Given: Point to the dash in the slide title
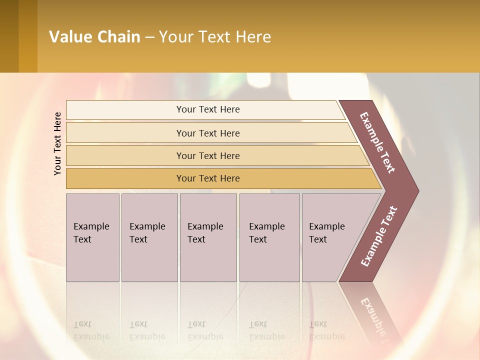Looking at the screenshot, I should pyautogui.click(x=149, y=37).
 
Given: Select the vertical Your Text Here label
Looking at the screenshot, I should pyautogui.click(x=57, y=144).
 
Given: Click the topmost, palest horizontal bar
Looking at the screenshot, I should pyautogui.click(x=207, y=109).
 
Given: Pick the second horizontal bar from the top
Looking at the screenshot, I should pyautogui.click(x=207, y=133).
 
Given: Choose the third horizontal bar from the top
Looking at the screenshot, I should pyautogui.click(x=207, y=155).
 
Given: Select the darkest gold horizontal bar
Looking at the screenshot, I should pyautogui.click(x=207, y=178).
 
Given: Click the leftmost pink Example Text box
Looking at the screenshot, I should pyautogui.click(x=92, y=237).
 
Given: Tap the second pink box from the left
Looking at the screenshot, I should pyautogui.click(x=149, y=237).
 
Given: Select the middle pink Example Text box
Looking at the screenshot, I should pyautogui.click(x=208, y=237).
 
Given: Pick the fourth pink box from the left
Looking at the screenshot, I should pyautogui.click(x=269, y=237).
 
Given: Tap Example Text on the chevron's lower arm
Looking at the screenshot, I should pyautogui.click(x=379, y=236).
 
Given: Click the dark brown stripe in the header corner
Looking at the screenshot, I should pyautogui.click(x=9, y=36).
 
